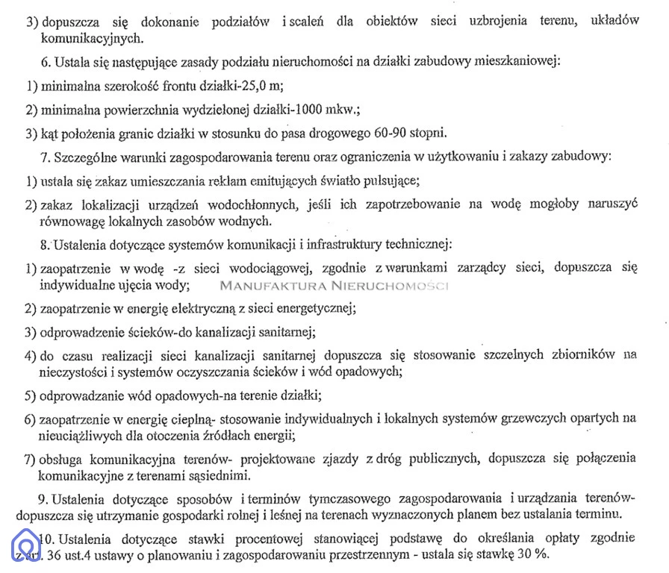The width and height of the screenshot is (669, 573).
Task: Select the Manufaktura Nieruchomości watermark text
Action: (334, 285)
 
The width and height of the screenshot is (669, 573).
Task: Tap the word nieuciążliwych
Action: (81, 434)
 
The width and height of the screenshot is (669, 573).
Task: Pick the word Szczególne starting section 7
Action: (85, 157)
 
